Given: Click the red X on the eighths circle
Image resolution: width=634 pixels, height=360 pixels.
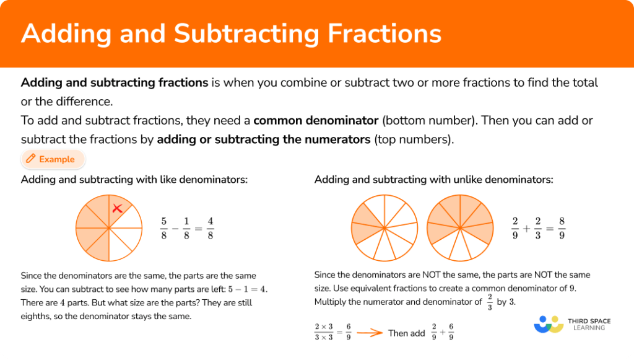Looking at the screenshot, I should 117,209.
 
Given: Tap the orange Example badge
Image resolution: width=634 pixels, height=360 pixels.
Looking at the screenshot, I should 53,159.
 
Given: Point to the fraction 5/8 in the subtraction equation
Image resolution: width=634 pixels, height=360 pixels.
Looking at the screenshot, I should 164,228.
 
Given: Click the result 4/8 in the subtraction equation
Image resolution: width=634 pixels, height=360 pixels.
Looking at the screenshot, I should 210,228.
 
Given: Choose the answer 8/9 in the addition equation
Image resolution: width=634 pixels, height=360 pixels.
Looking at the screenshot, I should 562,228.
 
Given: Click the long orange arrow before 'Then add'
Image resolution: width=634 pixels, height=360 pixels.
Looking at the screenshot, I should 369,333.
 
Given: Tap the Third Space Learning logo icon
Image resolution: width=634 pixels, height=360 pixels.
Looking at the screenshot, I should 548,324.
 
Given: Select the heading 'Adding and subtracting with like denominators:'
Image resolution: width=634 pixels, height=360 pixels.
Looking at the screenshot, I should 134,180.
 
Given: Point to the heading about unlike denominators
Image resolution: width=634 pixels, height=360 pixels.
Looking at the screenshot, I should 434,180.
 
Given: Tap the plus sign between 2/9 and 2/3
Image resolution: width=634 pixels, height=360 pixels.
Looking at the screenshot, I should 526,228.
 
